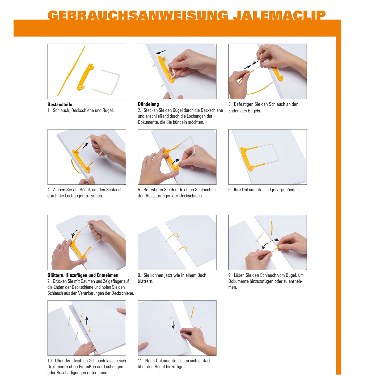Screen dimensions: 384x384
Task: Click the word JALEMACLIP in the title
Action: point(279,15)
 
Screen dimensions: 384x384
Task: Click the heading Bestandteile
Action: point(60,104)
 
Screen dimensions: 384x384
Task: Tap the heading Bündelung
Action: point(148,104)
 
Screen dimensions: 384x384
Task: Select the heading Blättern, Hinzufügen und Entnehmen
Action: point(83,275)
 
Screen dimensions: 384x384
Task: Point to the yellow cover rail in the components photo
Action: point(85,77)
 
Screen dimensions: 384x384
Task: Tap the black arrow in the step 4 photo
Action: point(85,145)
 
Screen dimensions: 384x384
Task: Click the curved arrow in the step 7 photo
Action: point(75,233)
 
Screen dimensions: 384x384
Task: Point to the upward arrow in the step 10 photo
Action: point(87,320)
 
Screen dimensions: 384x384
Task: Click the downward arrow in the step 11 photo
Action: point(173,324)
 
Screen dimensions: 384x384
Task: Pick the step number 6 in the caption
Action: point(230,190)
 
